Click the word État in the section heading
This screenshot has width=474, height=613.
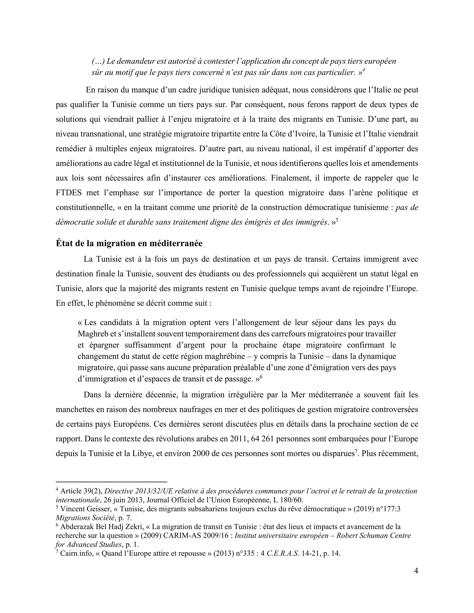coord(64,243)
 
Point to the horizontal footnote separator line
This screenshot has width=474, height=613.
coord(112,481)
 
